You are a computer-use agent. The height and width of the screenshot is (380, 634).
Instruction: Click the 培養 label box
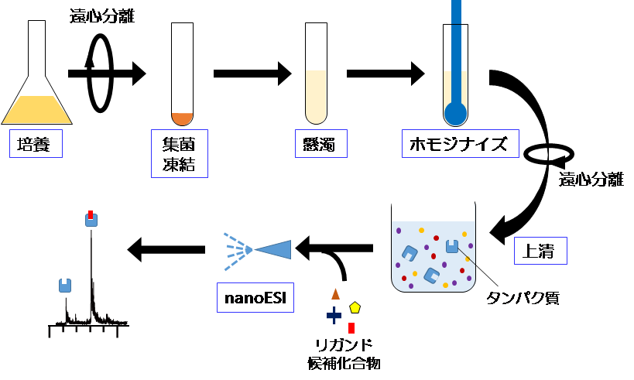pyautogui.click(x=36, y=144)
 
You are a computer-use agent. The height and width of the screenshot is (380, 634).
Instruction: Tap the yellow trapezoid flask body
pyautogui.click(x=37, y=108)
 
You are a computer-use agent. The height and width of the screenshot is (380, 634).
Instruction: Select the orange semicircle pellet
pyautogui.click(x=182, y=118)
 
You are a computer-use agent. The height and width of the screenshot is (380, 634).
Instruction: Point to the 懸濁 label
pyautogui.click(x=320, y=144)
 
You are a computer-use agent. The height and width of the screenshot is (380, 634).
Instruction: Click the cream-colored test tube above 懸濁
pyautogui.click(x=316, y=96)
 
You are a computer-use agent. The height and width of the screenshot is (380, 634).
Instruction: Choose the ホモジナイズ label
pyautogui.click(x=460, y=144)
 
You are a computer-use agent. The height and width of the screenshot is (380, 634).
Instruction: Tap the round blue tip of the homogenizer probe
pyautogui.click(x=455, y=114)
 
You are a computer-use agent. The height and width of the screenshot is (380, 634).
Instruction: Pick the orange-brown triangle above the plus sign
pyautogui.click(x=335, y=293)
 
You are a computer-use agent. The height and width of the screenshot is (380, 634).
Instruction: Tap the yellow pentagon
pyautogui.click(x=355, y=307)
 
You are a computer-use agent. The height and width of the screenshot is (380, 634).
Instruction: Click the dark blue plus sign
pyautogui.click(x=334, y=315)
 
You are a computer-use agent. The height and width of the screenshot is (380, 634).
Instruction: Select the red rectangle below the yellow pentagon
pyautogui.click(x=351, y=327)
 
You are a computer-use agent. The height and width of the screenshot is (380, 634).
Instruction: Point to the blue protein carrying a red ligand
pyautogui.click(x=91, y=220)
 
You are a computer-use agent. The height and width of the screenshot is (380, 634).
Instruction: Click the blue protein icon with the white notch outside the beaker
pyautogui.click(x=65, y=286)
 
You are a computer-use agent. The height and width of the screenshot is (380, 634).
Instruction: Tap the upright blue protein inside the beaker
pyautogui.click(x=453, y=247)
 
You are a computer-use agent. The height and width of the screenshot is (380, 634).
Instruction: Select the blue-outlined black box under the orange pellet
pyautogui.click(x=179, y=153)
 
